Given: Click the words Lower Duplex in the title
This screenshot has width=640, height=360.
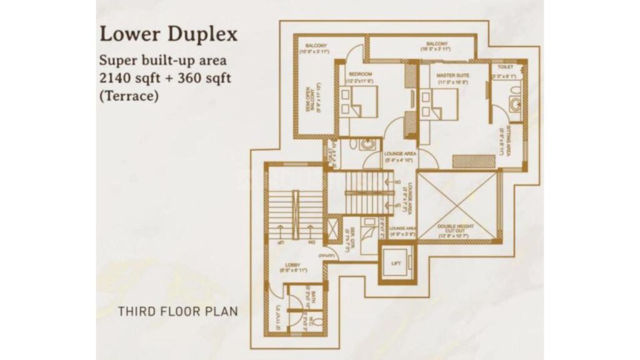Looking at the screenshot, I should (168, 33).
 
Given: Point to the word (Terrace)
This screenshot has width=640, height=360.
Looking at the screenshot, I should (130, 96).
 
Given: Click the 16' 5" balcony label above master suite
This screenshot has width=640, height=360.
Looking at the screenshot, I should (437, 45).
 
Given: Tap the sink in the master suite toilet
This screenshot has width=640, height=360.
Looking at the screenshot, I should (515, 104).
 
